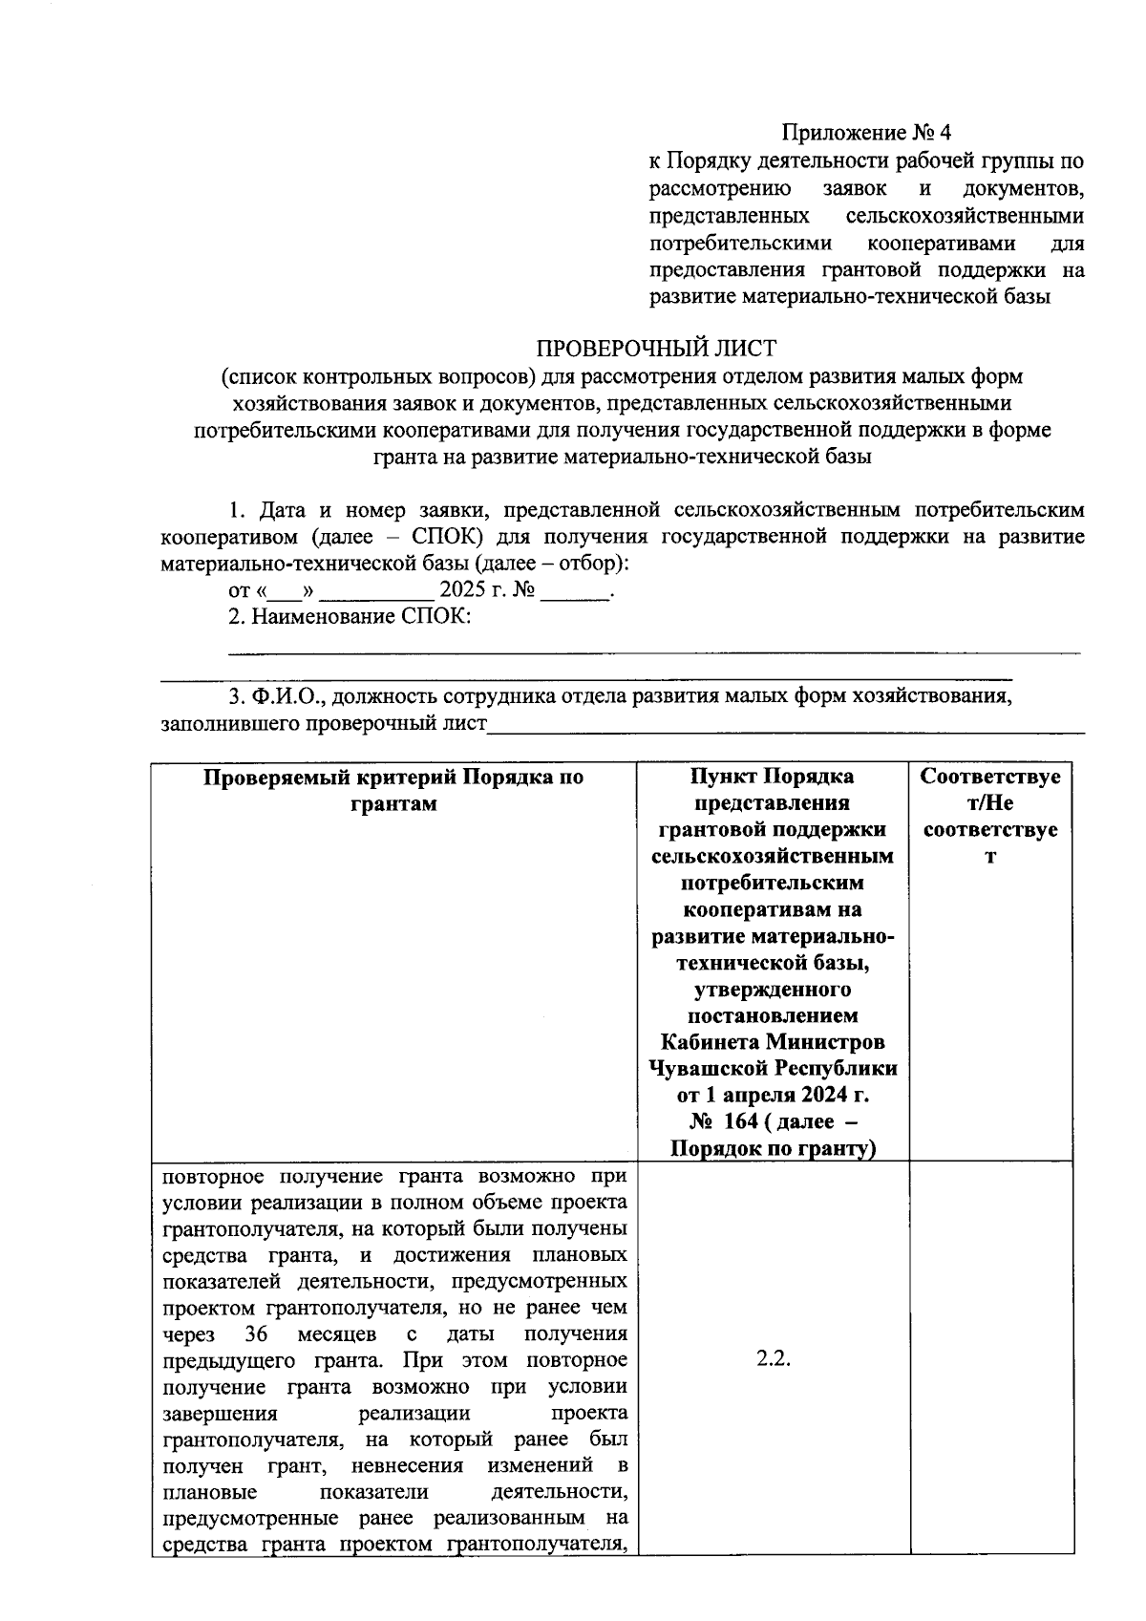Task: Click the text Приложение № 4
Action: (x=866, y=132)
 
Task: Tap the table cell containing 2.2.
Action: (x=774, y=1359)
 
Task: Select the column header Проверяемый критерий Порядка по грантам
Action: (x=393, y=790)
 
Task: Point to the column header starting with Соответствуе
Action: (x=990, y=816)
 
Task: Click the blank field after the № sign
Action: (x=575, y=593)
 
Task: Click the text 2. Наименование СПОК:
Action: (x=350, y=617)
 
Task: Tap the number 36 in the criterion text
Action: (x=255, y=1333)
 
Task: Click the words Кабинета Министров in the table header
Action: (x=773, y=1041)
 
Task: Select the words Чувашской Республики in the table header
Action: (x=773, y=1068)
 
